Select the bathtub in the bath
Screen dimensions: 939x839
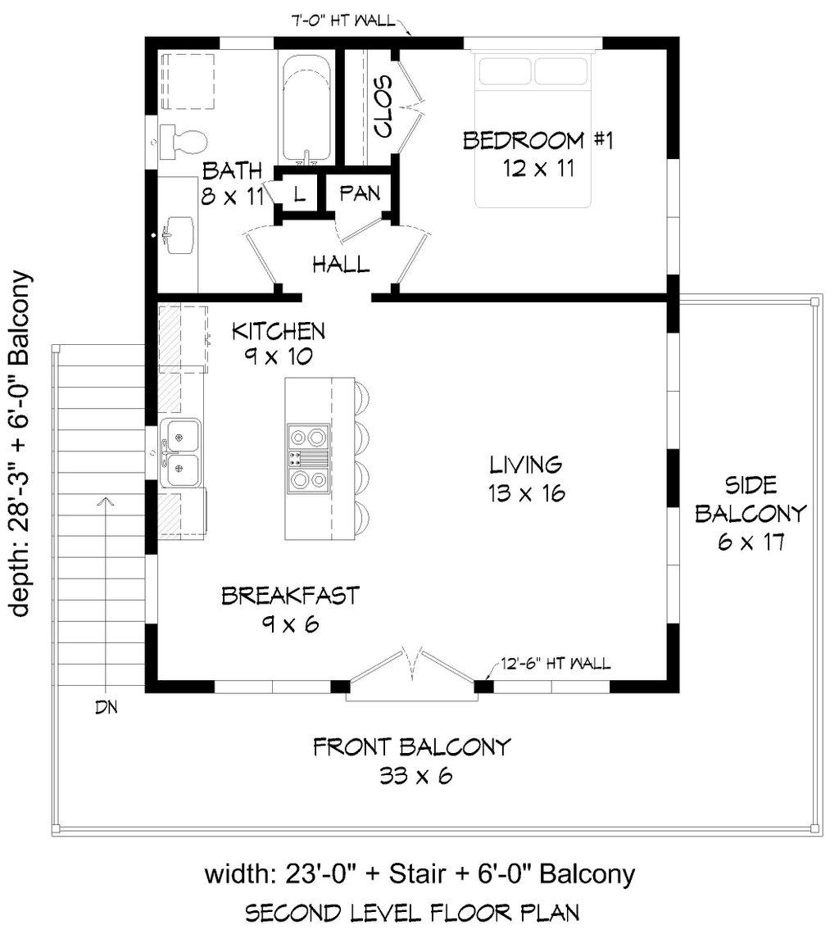click(306, 108)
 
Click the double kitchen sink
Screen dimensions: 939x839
click(180, 452)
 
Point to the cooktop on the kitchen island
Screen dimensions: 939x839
click(308, 458)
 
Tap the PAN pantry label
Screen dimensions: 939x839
click(360, 193)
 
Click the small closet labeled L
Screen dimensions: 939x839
click(299, 194)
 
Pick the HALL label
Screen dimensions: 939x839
click(340, 265)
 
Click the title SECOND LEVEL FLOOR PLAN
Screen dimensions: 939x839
click(419, 912)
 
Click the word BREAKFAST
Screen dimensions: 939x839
click(290, 595)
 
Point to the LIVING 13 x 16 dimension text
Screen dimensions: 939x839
click(525, 494)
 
